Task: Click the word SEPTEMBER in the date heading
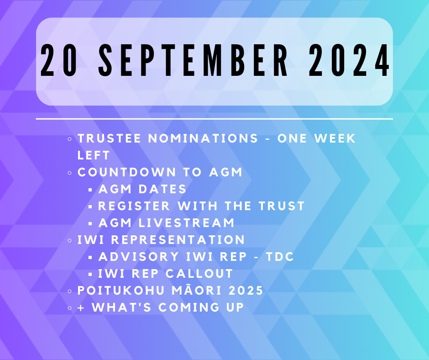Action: coord(193,60)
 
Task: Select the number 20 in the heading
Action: coord(59,60)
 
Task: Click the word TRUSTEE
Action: coord(109,138)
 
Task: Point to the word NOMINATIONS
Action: coord(203,138)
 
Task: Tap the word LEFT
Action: coord(94,155)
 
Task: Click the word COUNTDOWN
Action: coord(127,172)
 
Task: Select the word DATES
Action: coord(162,189)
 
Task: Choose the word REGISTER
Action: coord(134,206)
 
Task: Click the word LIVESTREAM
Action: coord(186,223)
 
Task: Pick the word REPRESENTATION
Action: coord(178,240)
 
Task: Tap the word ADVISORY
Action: coord(139,257)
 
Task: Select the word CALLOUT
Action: coord(199,274)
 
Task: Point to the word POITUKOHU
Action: coord(120,291)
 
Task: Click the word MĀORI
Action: coord(196,290)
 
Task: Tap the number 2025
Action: coord(246,291)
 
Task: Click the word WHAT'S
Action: coord(121,307)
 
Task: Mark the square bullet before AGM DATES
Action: coord(90,190)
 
